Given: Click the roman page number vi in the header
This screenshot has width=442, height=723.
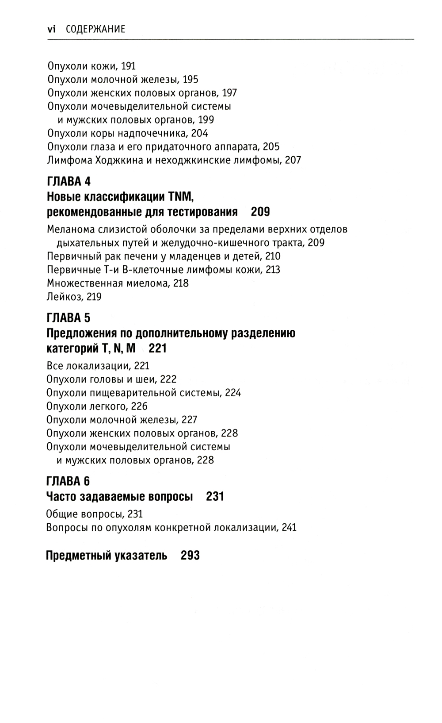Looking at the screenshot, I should click(51, 29).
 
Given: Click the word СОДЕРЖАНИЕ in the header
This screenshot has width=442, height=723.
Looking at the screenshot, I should click(95, 29).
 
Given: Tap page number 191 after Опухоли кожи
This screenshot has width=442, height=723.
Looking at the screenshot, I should click(128, 66).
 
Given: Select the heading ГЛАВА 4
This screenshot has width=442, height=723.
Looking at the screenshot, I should click(69, 182).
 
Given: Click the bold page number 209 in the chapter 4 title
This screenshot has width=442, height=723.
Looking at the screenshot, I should click(260, 212).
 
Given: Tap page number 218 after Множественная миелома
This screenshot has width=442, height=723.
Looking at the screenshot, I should click(181, 283).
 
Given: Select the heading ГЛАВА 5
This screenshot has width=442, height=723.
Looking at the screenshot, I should click(69, 318).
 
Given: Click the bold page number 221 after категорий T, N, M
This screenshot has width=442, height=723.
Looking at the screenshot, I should click(157, 349).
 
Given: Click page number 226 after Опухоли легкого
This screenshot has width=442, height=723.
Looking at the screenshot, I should click(139, 406).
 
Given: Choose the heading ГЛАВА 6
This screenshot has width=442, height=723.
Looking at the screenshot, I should click(69, 481).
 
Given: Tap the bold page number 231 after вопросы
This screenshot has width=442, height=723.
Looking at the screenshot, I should click(215, 497).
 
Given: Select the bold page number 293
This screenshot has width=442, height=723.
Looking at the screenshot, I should click(190, 555).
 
